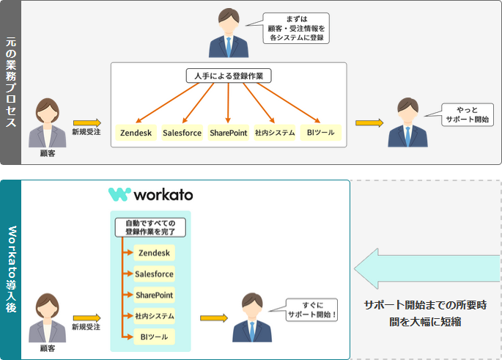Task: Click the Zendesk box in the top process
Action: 136,133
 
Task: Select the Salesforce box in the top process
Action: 182,133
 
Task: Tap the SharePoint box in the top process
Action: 228,133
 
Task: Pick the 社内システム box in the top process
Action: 275,133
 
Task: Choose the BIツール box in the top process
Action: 320,133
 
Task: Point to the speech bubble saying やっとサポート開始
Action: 468,114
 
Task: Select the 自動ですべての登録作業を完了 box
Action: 150,226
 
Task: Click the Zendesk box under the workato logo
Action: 154,252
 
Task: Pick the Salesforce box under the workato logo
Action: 154,273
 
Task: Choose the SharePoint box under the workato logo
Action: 154,295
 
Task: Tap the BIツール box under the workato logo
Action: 154,337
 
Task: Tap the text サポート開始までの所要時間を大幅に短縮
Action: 426,313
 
